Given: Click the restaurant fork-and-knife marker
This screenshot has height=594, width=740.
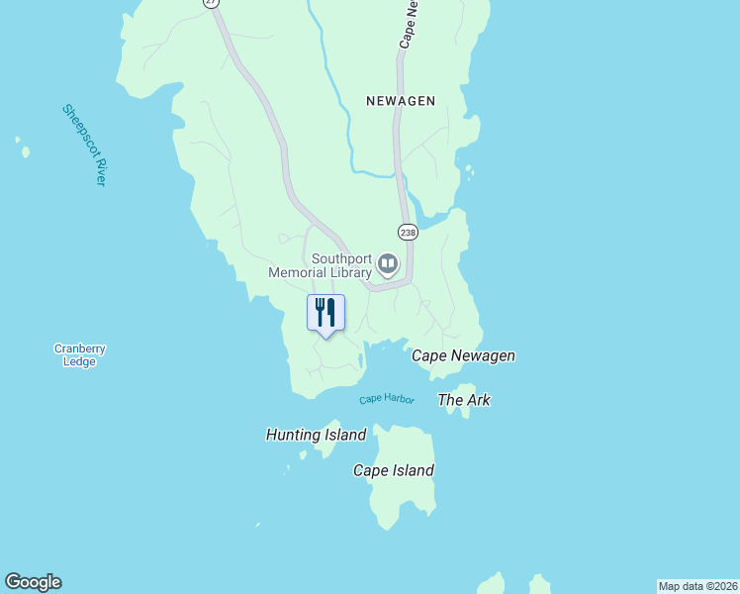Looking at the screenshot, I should coord(325,314).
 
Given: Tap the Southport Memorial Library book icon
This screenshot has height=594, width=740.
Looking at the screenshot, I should coord(387,264).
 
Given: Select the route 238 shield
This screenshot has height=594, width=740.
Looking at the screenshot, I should coord(408,232).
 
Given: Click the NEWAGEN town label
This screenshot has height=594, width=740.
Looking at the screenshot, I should coord(400,101).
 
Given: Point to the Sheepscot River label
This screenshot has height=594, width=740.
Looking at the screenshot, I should coord(84,145).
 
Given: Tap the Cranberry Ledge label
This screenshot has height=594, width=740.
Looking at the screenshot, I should coord(79,355).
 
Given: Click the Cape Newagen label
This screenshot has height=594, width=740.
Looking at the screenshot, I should coord(463,355).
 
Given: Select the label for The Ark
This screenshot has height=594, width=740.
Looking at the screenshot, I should coord(464,400).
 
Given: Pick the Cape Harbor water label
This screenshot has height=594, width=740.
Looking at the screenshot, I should coord(386,399).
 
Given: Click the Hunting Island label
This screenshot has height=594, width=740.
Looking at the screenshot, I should coord(316,435).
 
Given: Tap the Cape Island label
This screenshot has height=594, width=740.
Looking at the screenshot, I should coord(394,471).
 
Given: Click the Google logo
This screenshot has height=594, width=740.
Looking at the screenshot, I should coord(33,582).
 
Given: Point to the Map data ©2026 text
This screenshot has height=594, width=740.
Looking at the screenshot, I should coord(697,586).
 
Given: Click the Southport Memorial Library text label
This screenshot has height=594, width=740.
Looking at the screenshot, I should coord(321,265).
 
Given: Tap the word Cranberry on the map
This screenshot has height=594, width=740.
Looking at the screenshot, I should coord(79,348).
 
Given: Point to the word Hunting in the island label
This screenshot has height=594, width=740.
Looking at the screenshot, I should coord(293,435).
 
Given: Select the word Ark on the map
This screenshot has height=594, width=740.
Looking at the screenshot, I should coord(478,400).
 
